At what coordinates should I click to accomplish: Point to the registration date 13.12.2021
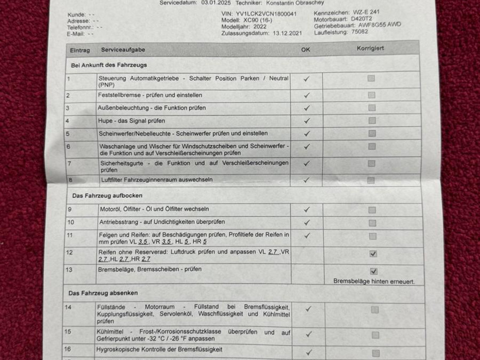coord(287,33)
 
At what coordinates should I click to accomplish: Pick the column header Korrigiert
coord(370,48)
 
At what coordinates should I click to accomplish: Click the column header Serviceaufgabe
coord(123,50)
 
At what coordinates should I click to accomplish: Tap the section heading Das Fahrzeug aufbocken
coord(107,195)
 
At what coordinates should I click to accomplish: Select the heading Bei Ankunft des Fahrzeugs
coord(109,65)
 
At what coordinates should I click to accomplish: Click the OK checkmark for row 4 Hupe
coord(307,120)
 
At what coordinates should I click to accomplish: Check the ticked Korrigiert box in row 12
coord(373,254)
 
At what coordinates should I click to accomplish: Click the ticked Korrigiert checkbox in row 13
coord(374,271)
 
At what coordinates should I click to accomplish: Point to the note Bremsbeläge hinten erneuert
coord(374,282)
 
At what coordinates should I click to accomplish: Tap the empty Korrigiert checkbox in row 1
coord(371,78)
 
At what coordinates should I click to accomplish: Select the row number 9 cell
coord(71,209)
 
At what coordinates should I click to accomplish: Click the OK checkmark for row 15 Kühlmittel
coord(308,334)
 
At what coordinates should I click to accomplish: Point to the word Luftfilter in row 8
coord(113,180)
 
